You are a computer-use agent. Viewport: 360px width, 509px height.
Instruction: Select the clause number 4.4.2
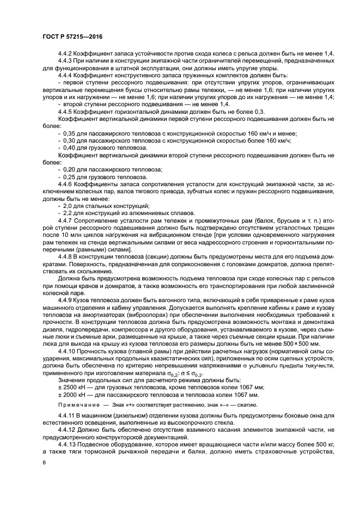pyautogui.click(x=65, y=54)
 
